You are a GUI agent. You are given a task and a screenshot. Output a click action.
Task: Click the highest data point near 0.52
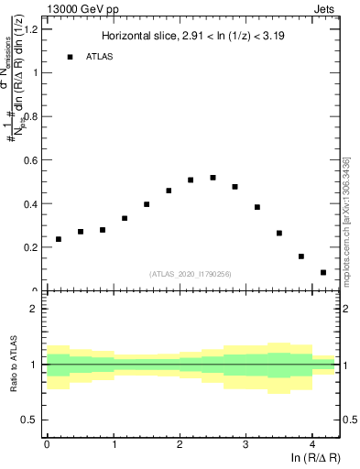[213, 178]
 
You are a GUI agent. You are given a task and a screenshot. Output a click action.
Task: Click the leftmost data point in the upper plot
[59, 239]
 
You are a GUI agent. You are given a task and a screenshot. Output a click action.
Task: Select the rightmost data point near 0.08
[323, 272]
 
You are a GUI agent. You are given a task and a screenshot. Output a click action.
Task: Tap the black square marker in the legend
[70, 57]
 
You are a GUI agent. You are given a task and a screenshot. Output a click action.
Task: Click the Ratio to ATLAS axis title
[13, 364]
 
